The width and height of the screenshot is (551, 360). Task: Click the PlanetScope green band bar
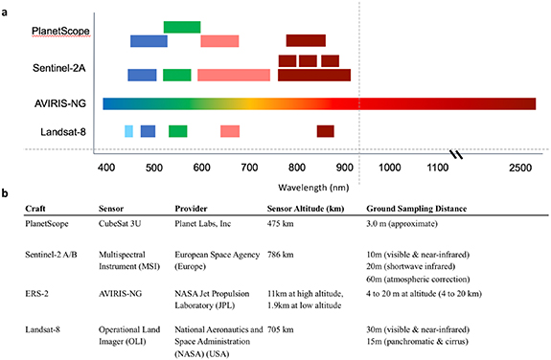point(182,27)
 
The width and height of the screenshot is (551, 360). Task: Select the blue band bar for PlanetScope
point(149,41)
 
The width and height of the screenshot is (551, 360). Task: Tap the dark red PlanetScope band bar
point(306,40)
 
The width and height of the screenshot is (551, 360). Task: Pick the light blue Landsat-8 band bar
point(129,131)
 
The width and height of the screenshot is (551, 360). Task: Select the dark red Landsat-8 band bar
point(326,131)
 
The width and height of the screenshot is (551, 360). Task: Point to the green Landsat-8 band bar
point(178,131)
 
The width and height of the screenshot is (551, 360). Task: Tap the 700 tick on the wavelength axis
point(248,168)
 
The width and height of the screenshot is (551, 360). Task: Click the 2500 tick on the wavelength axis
point(518,168)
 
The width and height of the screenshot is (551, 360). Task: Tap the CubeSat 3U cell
point(122,223)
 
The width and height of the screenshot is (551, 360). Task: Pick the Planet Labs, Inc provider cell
point(206,223)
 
